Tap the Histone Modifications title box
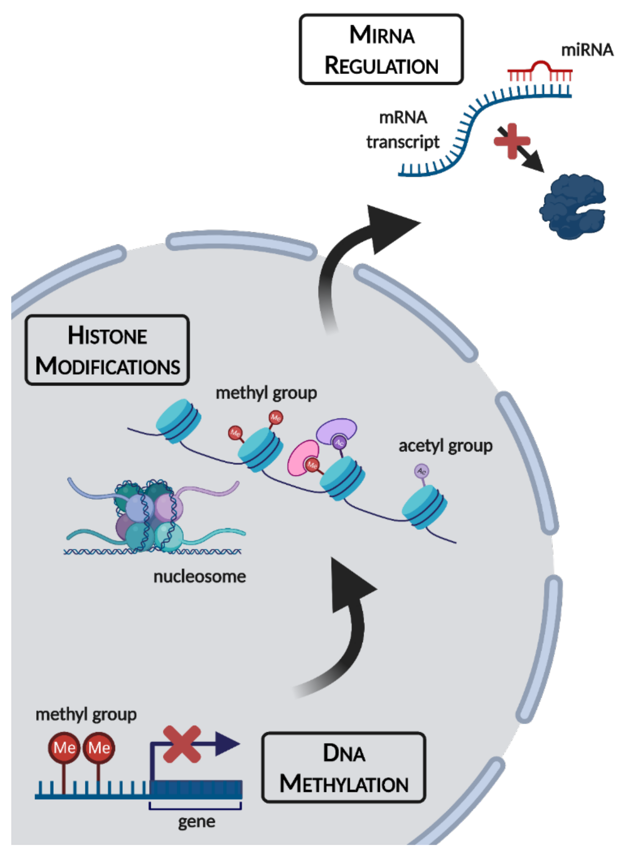(107, 350)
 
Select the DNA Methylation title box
(343, 768)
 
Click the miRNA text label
(587, 50)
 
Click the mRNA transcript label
(403, 130)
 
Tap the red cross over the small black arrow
(512, 141)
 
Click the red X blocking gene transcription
(182, 744)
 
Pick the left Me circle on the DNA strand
(64, 748)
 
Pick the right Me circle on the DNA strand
(99, 748)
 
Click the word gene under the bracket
(197, 821)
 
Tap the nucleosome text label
(199, 576)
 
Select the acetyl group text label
(445, 446)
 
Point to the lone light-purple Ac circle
(421, 471)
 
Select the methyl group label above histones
(266, 393)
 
